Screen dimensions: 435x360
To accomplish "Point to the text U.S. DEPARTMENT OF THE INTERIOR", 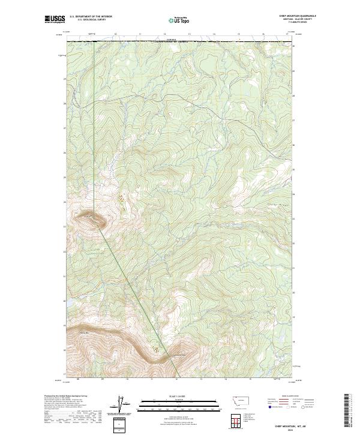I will [91, 17].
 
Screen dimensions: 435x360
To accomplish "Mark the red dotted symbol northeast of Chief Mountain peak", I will [122, 197].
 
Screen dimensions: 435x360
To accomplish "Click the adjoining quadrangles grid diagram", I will [233, 419].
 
